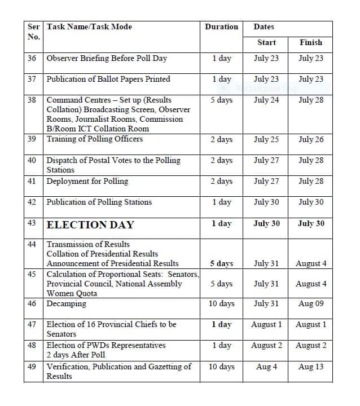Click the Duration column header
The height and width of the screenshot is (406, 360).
tap(221, 27)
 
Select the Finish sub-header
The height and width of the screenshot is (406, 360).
tap(310, 42)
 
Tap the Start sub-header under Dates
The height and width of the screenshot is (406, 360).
tap(266, 42)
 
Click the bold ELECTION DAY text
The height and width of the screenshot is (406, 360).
tap(90, 224)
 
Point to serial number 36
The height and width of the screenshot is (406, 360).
tap(32, 58)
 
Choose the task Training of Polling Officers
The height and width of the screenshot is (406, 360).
tap(94, 139)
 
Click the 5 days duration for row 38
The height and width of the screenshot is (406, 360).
tap(221, 100)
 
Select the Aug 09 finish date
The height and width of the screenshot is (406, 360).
tap(310, 304)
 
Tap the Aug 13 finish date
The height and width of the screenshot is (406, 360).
tap(310, 367)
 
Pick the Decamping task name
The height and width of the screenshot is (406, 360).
tap(66, 304)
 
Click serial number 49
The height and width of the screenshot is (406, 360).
tap(32, 367)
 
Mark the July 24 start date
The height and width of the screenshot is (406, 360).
tap(266, 100)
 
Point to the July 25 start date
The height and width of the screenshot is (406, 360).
tap(266, 139)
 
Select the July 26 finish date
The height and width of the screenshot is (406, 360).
tap(310, 139)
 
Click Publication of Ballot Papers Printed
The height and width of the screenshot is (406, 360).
tap(108, 80)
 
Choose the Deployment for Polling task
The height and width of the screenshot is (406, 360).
tap(87, 182)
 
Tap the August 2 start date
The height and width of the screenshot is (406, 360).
tap(266, 346)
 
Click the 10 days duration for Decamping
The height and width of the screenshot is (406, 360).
tap(221, 304)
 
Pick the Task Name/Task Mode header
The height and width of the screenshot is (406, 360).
tap(89, 27)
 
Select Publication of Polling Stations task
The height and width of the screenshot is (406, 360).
tap(99, 202)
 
